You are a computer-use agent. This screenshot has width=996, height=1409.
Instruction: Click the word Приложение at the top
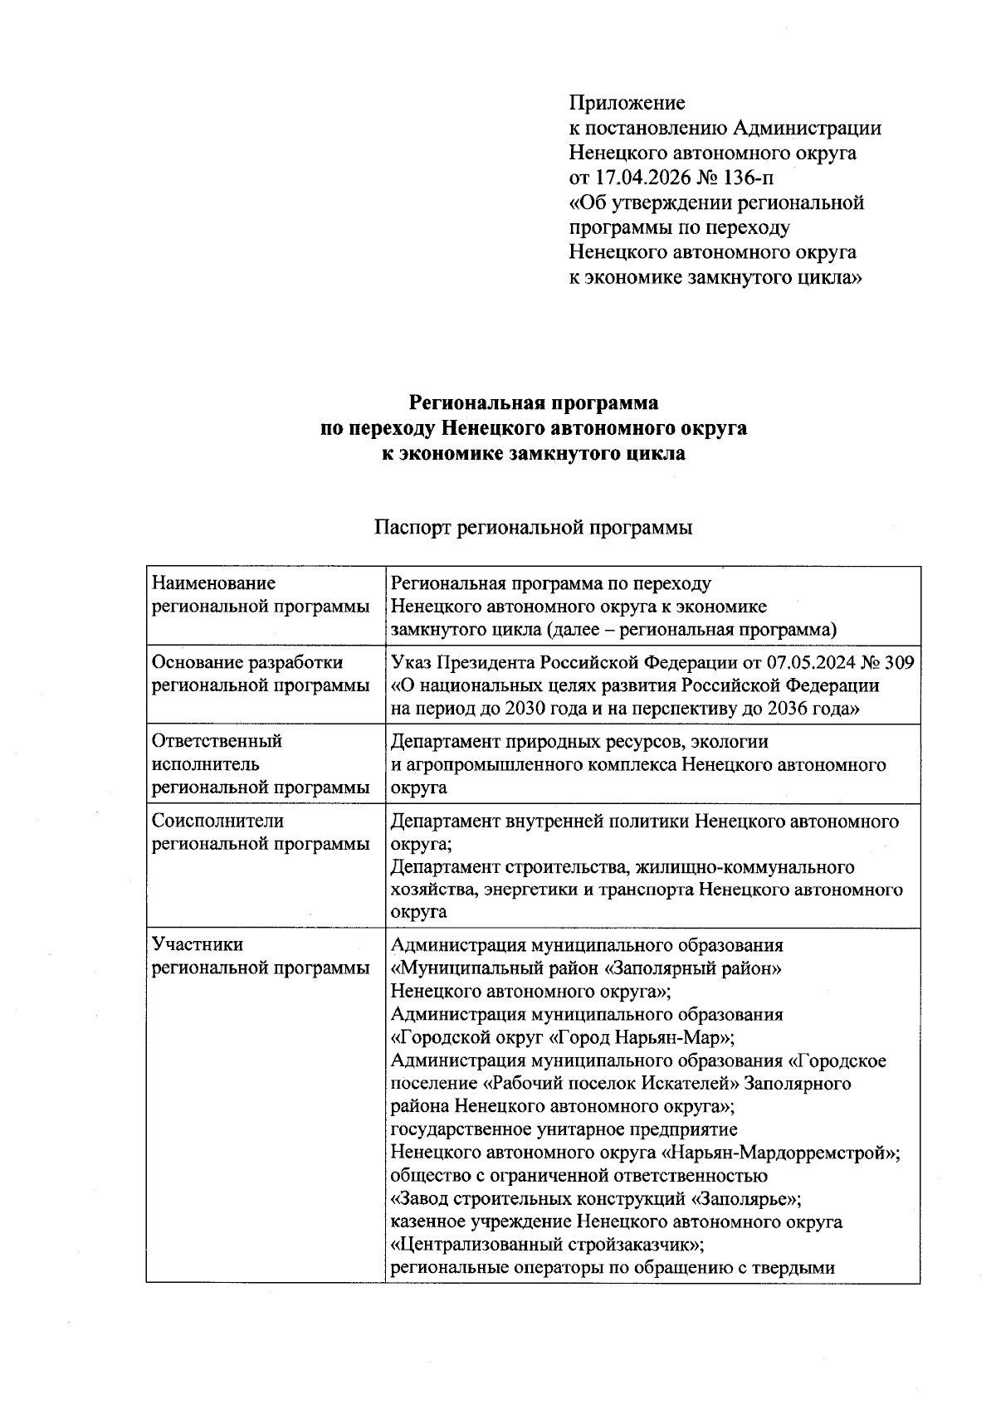627,104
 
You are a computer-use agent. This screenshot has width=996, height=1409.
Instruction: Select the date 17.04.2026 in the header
644,178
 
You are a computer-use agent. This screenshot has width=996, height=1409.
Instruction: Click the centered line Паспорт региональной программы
533,528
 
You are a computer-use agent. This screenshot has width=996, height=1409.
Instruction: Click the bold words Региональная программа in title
534,403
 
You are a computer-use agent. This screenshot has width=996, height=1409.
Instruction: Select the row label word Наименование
213,584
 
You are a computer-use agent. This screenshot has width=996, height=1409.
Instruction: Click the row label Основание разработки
247,663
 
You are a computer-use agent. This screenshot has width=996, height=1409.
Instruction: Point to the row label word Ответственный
217,741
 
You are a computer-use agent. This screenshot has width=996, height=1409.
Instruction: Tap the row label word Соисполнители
217,822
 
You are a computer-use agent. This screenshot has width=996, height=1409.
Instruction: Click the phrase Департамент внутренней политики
539,822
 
